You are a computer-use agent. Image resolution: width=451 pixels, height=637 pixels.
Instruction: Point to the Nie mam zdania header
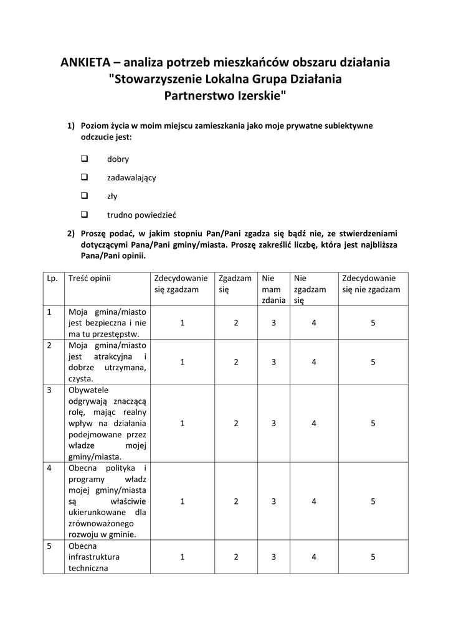(x=273, y=289)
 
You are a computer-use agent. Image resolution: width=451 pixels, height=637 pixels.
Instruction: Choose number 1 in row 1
(x=182, y=323)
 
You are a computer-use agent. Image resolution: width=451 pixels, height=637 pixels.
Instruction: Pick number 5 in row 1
(x=373, y=323)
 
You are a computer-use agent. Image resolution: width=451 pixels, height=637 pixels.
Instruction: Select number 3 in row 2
(x=273, y=361)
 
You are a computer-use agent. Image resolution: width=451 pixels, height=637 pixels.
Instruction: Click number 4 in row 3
(x=314, y=423)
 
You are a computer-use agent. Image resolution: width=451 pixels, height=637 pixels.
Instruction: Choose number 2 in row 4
(x=236, y=501)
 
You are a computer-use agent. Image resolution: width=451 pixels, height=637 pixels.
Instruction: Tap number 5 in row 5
(x=373, y=557)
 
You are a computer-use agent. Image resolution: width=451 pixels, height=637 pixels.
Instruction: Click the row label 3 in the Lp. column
(x=49, y=390)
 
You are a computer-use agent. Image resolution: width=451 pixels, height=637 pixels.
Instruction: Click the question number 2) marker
(x=71, y=233)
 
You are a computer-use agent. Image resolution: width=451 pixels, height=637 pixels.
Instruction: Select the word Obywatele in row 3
(x=88, y=390)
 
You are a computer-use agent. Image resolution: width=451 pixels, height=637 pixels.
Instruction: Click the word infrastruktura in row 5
(x=94, y=557)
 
